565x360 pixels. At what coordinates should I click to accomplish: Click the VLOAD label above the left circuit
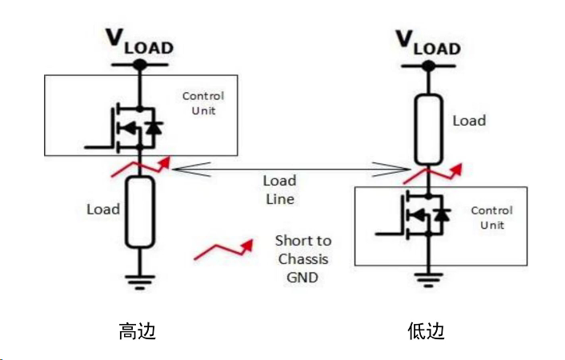click(x=139, y=42)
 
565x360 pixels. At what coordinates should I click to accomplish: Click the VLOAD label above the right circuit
click(x=428, y=42)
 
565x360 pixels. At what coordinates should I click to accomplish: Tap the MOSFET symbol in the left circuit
click(x=128, y=126)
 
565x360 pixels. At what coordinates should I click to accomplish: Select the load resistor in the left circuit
click(x=139, y=212)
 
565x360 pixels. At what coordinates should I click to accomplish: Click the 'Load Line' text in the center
click(x=279, y=190)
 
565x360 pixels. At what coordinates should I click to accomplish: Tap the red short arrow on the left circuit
click(x=143, y=166)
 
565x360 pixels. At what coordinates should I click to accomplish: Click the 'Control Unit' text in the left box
click(x=203, y=103)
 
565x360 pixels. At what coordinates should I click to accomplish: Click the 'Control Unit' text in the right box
click(x=491, y=218)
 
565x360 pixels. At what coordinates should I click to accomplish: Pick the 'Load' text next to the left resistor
click(x=103, y=210)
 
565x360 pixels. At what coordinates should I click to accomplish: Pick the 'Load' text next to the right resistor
click(x=469, y=121)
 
